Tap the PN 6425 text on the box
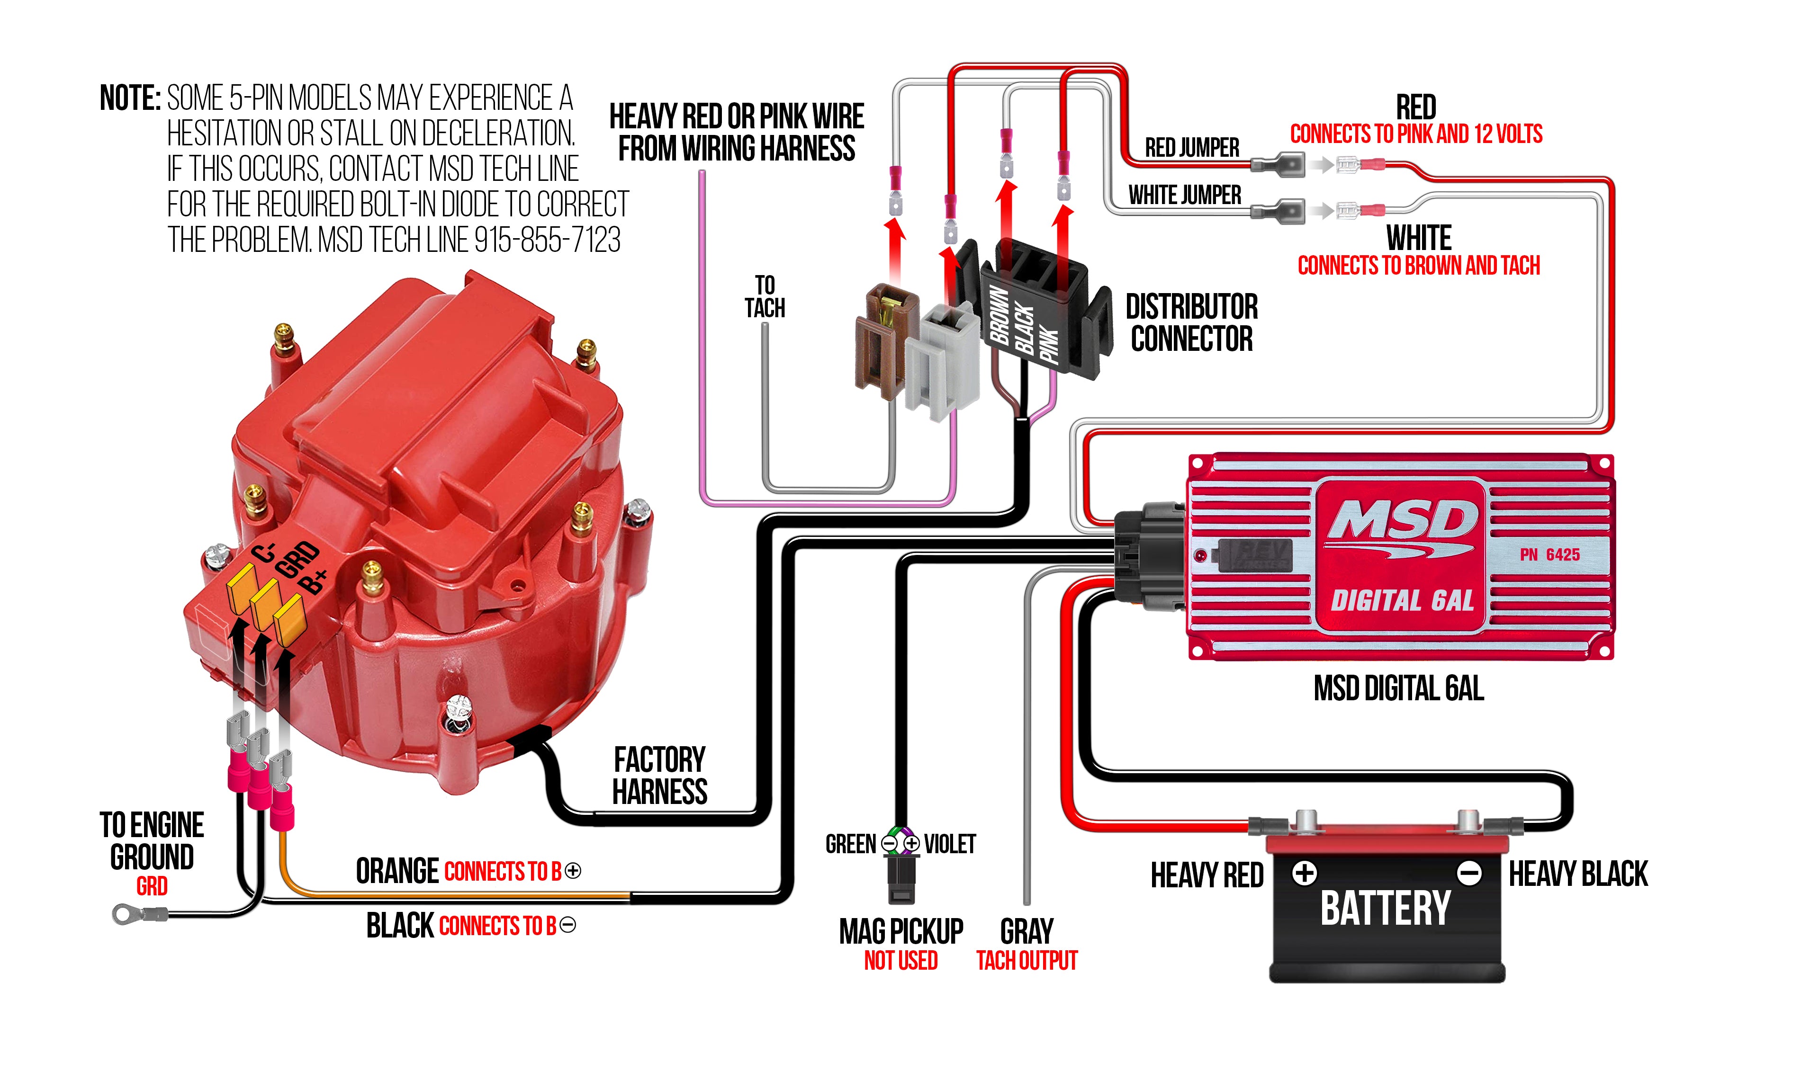(x=1549, y=555)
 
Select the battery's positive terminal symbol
(x=1305, y=873)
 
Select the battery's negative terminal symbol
(x=1469, y=873)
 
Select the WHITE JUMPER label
(x=1184, y=195)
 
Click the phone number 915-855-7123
(x=547, y=240)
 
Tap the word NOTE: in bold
(x=130, y=98)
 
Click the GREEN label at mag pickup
(x=850, y=844)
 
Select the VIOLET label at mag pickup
(x=950, y=844)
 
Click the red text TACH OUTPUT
(x=1026, y=961)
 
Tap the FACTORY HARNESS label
(x=659, y=776)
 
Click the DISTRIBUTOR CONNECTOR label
(x=1191, y=323)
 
